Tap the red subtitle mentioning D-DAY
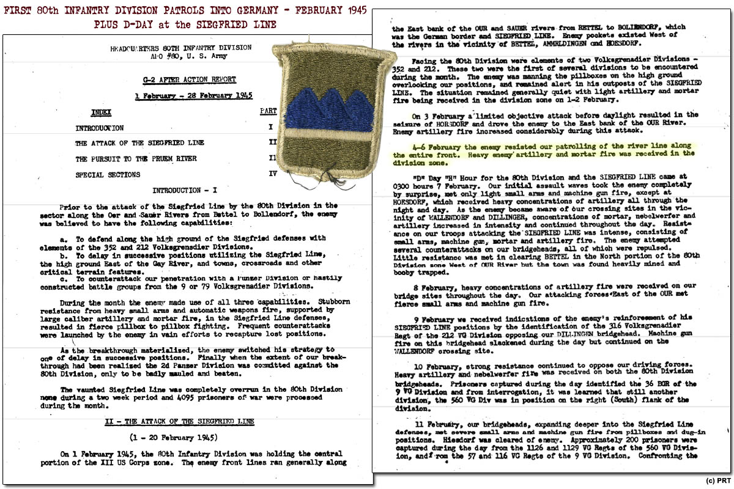pos(185,25)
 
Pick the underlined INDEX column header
pos(101,112)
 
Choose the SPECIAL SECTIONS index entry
pos(108,175)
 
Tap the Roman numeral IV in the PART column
pos(272,175)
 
